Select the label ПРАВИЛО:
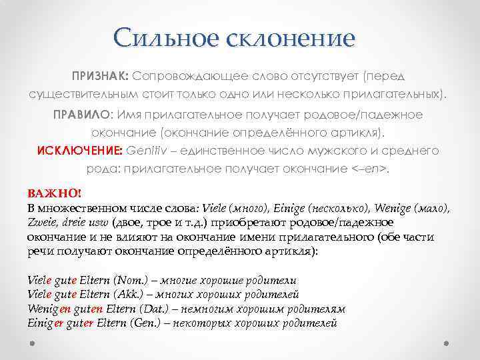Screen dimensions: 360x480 [x=83, y=115]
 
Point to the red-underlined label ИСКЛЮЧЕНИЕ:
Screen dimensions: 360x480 [x=74, y=151]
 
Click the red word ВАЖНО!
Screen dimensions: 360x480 [x=54, y=193]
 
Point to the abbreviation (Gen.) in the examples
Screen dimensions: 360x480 [x=145, y=323]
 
